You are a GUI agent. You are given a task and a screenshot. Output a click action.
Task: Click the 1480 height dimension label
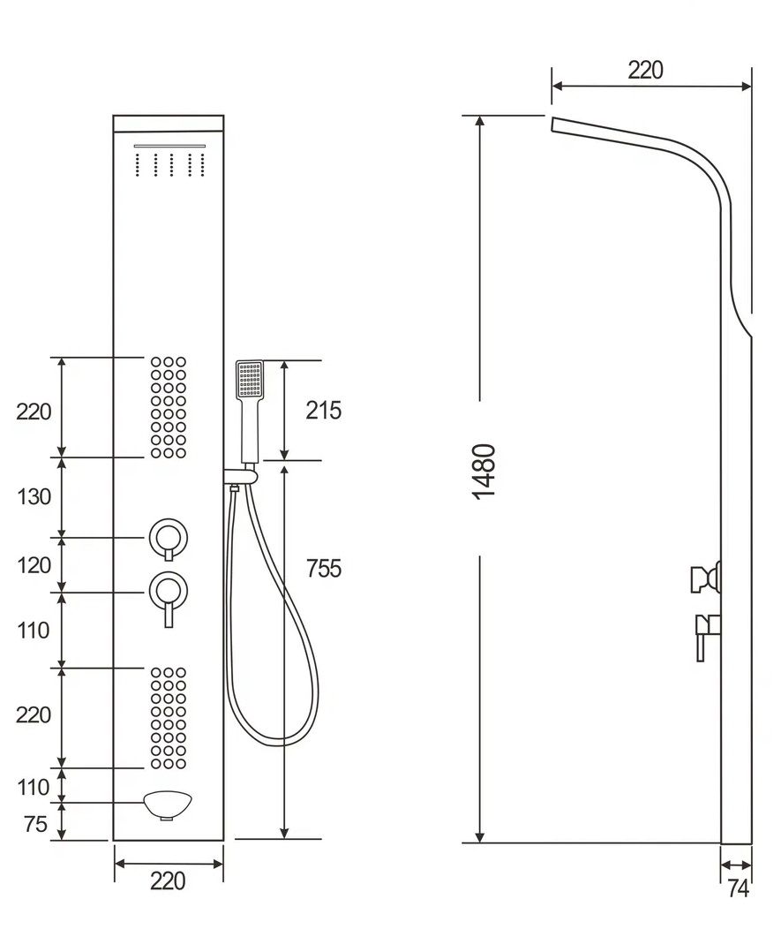(484, 471)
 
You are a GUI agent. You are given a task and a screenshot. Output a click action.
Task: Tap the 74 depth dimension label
(738, 888)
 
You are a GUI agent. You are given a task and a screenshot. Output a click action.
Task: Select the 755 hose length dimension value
(323, 569)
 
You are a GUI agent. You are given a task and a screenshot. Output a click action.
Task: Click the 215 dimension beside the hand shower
(323, 410)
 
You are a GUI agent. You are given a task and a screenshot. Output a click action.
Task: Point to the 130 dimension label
(34, 496)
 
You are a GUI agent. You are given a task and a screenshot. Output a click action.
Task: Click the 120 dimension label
(34, 565)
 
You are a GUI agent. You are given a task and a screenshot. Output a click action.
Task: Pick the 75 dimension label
(34, 825)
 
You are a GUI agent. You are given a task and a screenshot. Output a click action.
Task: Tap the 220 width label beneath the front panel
(168, 880)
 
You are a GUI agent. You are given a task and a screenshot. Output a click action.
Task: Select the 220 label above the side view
(646, 70)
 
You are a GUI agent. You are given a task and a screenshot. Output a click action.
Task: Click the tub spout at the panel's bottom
(168, 805)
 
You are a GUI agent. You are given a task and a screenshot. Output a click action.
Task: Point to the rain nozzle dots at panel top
(169, 164)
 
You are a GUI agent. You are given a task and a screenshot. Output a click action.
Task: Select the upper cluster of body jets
(168, 407)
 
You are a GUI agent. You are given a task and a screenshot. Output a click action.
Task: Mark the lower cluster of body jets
(168, 717)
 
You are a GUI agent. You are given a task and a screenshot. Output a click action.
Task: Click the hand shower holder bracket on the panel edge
(239, 478)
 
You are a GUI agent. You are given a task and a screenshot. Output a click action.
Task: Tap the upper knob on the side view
(706, 578)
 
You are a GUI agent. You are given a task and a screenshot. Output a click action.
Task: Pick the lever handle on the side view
(704, 634)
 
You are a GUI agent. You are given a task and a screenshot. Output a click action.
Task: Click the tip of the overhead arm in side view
(556, 125)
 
